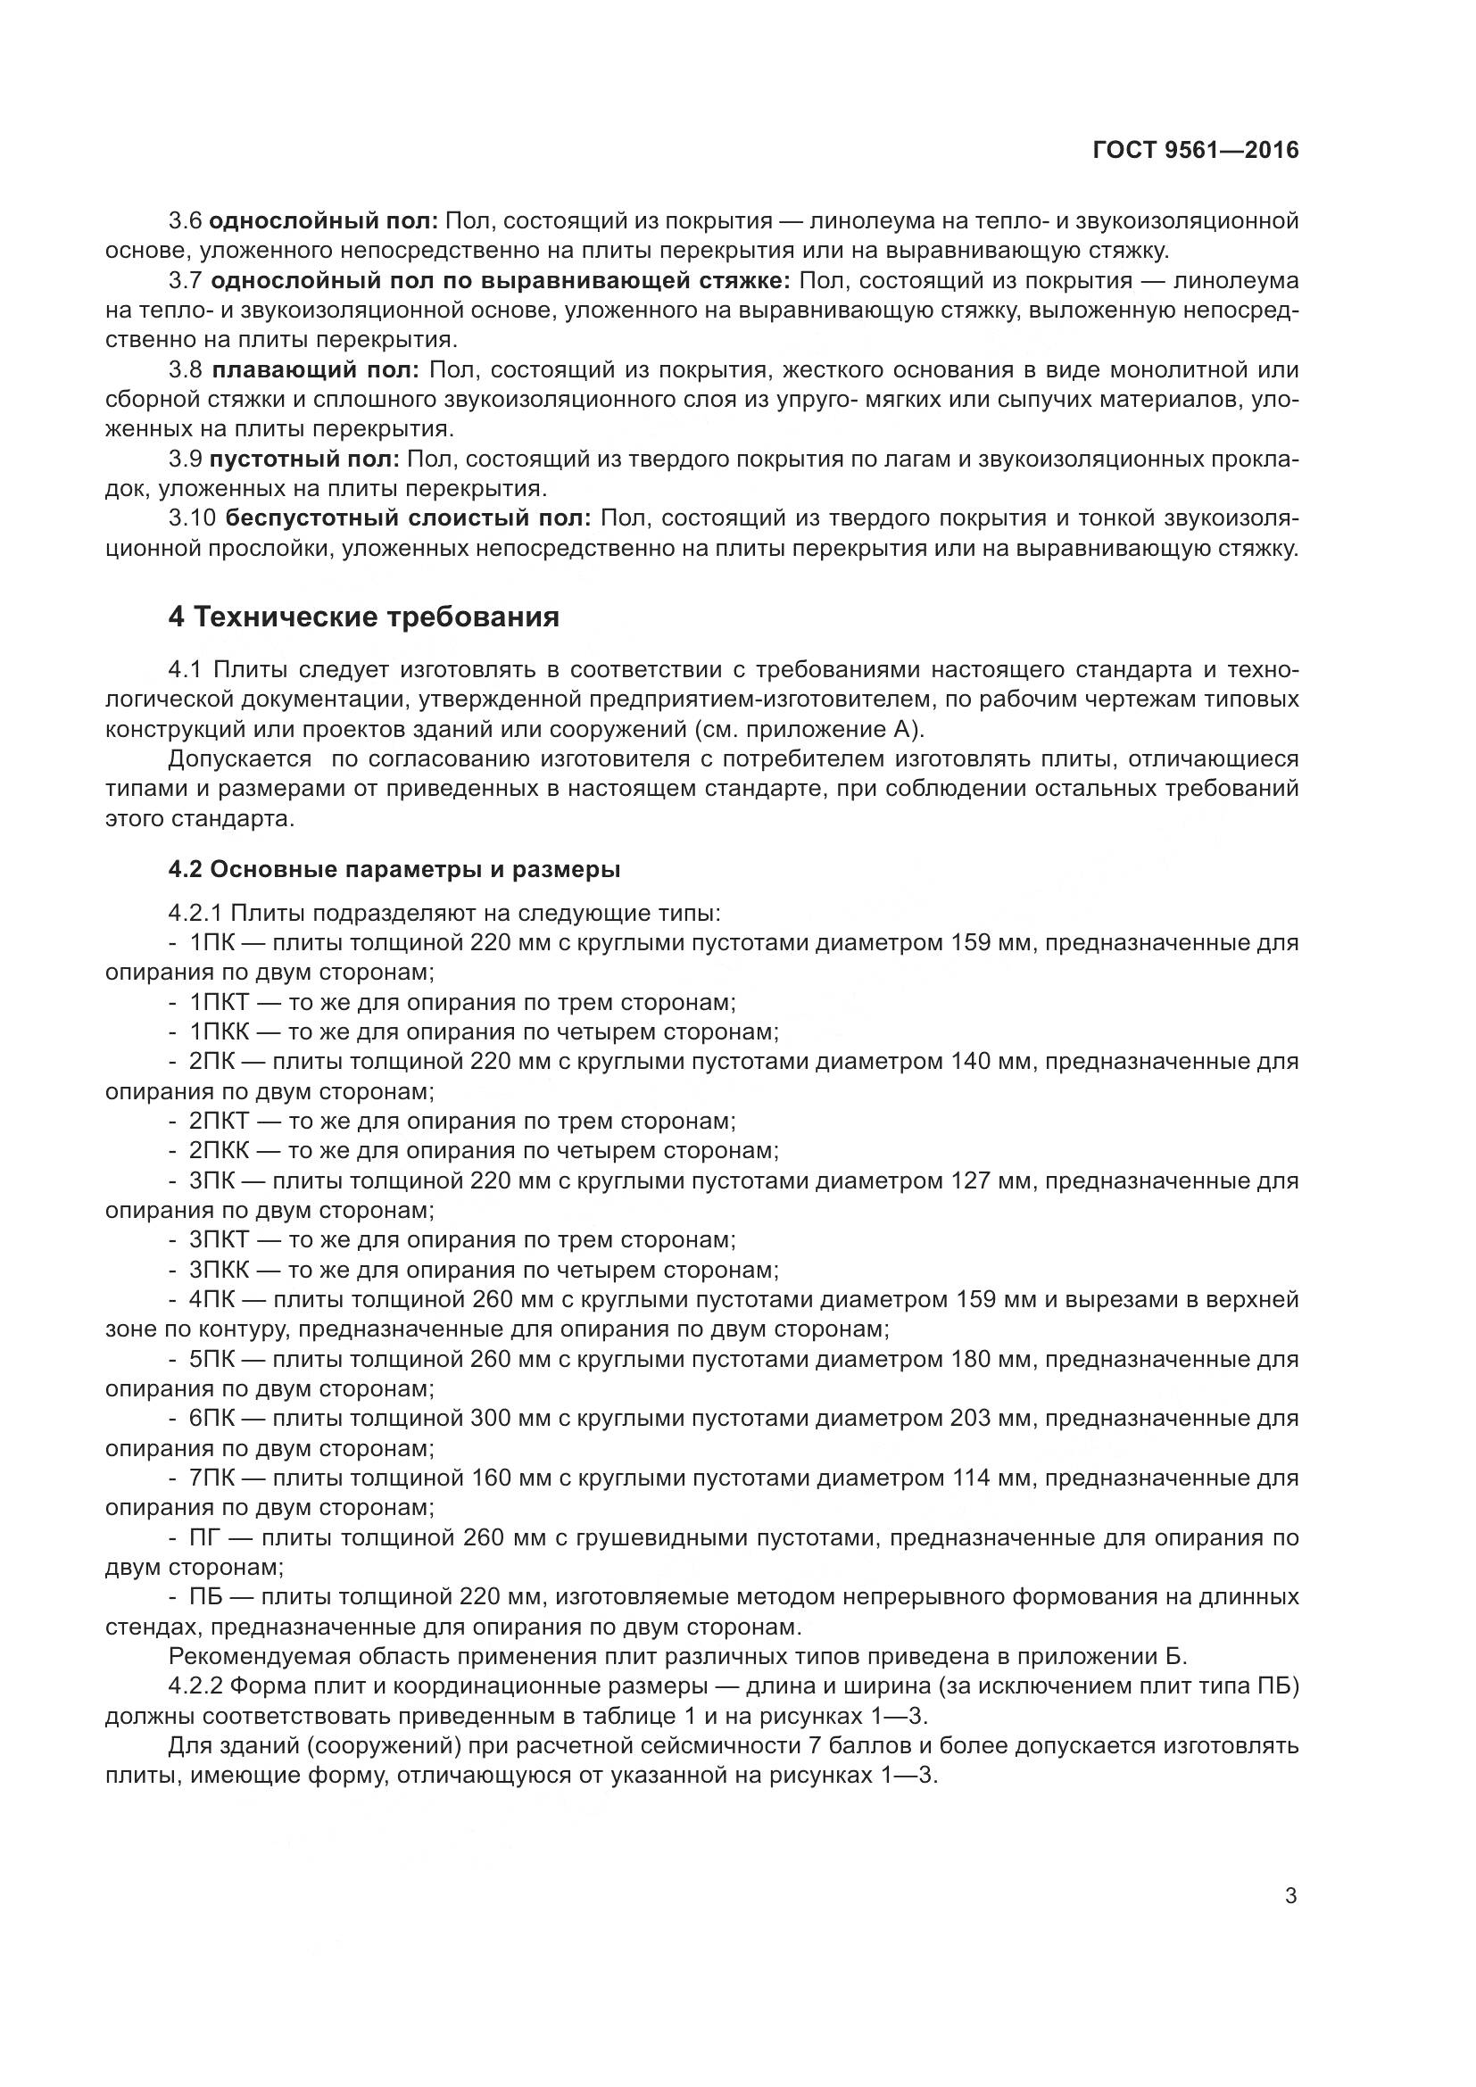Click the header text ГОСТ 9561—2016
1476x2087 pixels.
[1195, 151]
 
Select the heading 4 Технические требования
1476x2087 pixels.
[363, 617]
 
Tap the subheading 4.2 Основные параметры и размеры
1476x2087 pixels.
[394, 870]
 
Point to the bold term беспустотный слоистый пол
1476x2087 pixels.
[408, 519]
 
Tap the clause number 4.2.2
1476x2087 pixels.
[195, 1687]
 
